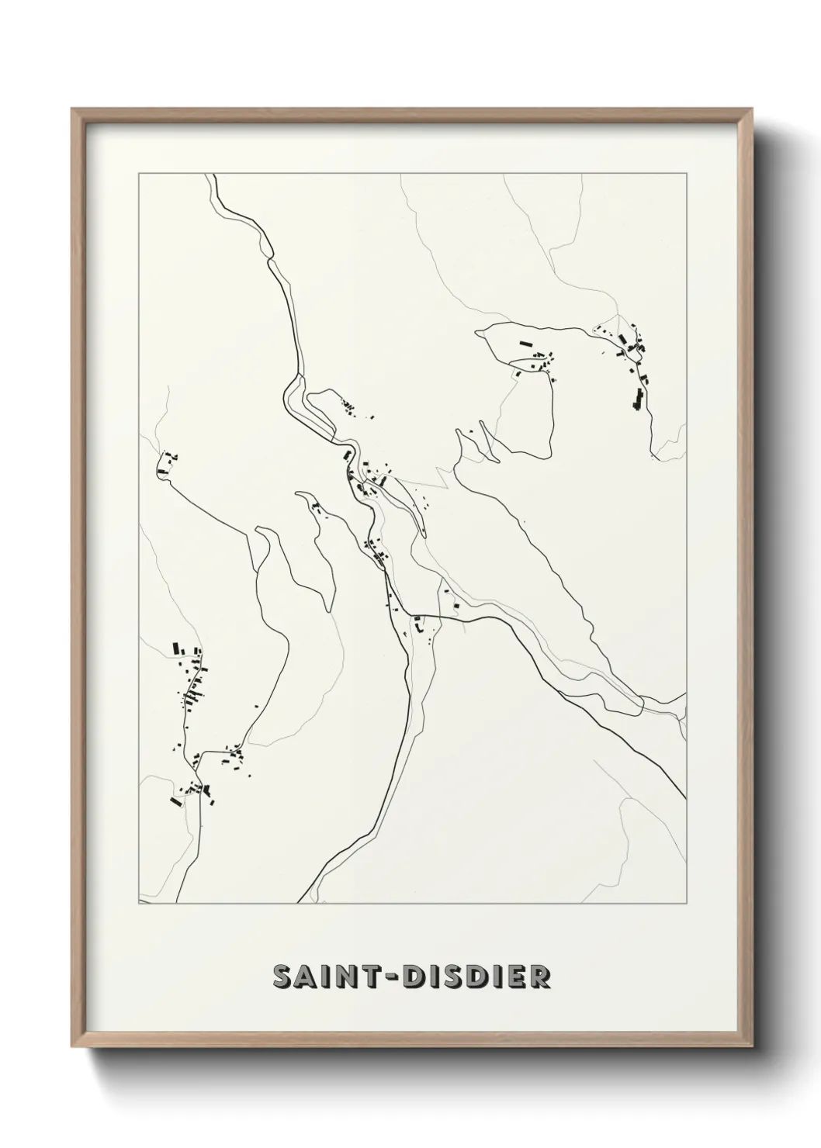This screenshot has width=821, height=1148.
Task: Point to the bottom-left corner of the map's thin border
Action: (x=138, y=903)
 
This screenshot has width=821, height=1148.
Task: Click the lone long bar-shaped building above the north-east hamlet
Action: (x=527, y=342)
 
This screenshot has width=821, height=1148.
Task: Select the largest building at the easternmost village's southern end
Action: (x=639, y=400)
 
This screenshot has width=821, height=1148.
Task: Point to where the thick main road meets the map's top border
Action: (x=215, y=175)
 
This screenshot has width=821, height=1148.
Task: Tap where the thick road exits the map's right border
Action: (x=685, y=798)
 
